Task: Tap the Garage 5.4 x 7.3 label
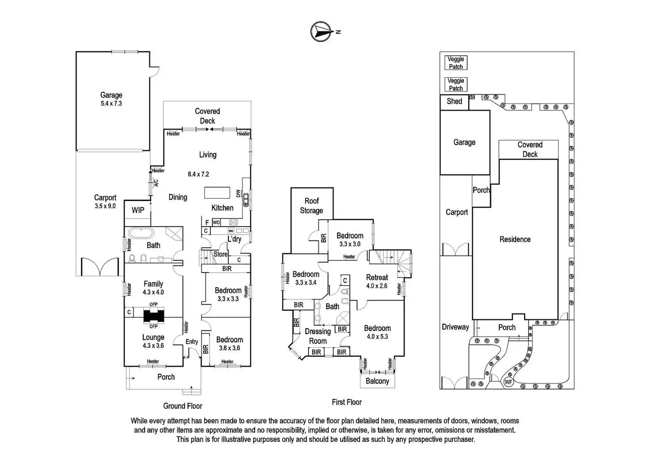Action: tap(111, 99)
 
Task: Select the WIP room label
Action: tap(138, 210)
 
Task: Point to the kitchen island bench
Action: tap(217, 193)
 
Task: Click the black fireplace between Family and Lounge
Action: tap(153, 316)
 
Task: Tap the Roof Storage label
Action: tap(311, 205)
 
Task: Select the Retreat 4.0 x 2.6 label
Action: tap(377, 281)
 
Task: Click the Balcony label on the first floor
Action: tap(377, 381)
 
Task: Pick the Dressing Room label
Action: tap(318, 336)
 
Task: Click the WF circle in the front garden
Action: tap(509, 381)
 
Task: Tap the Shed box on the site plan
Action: tap(454, 102)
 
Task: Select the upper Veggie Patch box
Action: tap(456, 62)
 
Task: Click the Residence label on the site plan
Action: tap(515, 240)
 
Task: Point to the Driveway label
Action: tap(455, 327)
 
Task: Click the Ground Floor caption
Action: tap(183, 406)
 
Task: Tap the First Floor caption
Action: tap(347, 402)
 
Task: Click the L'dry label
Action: tap(234, 239)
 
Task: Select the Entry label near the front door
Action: tap(191, 342)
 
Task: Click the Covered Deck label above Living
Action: tap(207, 116)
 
